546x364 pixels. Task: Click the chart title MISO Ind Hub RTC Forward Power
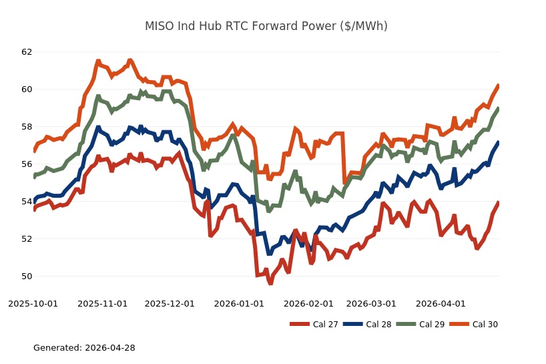(266, 27)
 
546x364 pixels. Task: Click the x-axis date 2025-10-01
(33, 304)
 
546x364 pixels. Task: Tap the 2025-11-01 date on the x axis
(103, 304)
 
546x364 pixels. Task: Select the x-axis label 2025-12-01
(170, 304)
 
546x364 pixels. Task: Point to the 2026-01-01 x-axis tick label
(239, 304)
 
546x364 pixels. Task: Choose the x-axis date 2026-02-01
(308, 304)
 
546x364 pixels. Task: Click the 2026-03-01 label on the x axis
(371, 304)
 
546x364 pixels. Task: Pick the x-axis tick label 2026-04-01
(441, 304)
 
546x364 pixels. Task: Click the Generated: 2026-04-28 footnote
(84, 348)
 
